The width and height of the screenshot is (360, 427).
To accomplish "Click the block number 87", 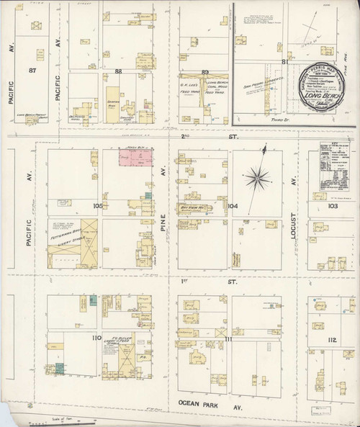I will click(31, 70).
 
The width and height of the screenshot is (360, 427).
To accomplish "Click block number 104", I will click(232, 206).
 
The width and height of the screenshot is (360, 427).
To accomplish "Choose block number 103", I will click(332, 206).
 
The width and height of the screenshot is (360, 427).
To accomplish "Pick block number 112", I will click(332, 339).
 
